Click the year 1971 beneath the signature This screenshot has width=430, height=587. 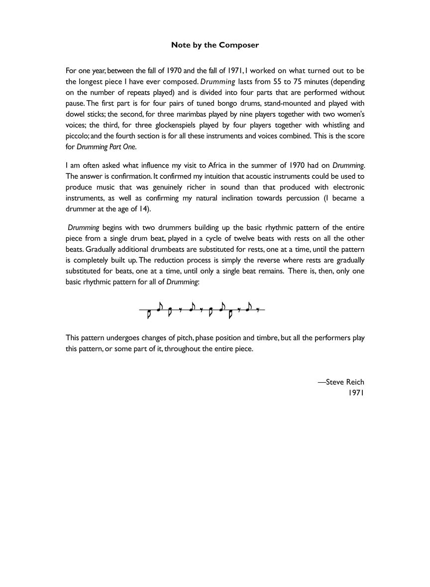click(x=357, y=393)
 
